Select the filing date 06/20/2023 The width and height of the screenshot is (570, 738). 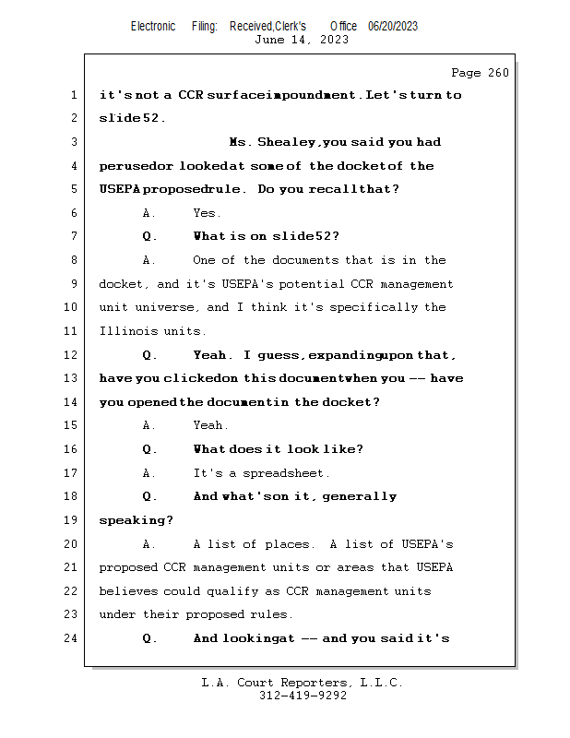tap(392, 26)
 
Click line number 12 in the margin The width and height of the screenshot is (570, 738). tap(72, 355)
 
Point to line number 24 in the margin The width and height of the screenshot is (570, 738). tap(72, 638)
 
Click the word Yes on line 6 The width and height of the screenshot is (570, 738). tap(206, 213)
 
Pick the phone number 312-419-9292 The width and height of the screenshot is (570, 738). tap(303, 696)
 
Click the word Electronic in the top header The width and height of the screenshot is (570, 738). tap(153, 26)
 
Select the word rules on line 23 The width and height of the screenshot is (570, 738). tap(272, 615)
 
